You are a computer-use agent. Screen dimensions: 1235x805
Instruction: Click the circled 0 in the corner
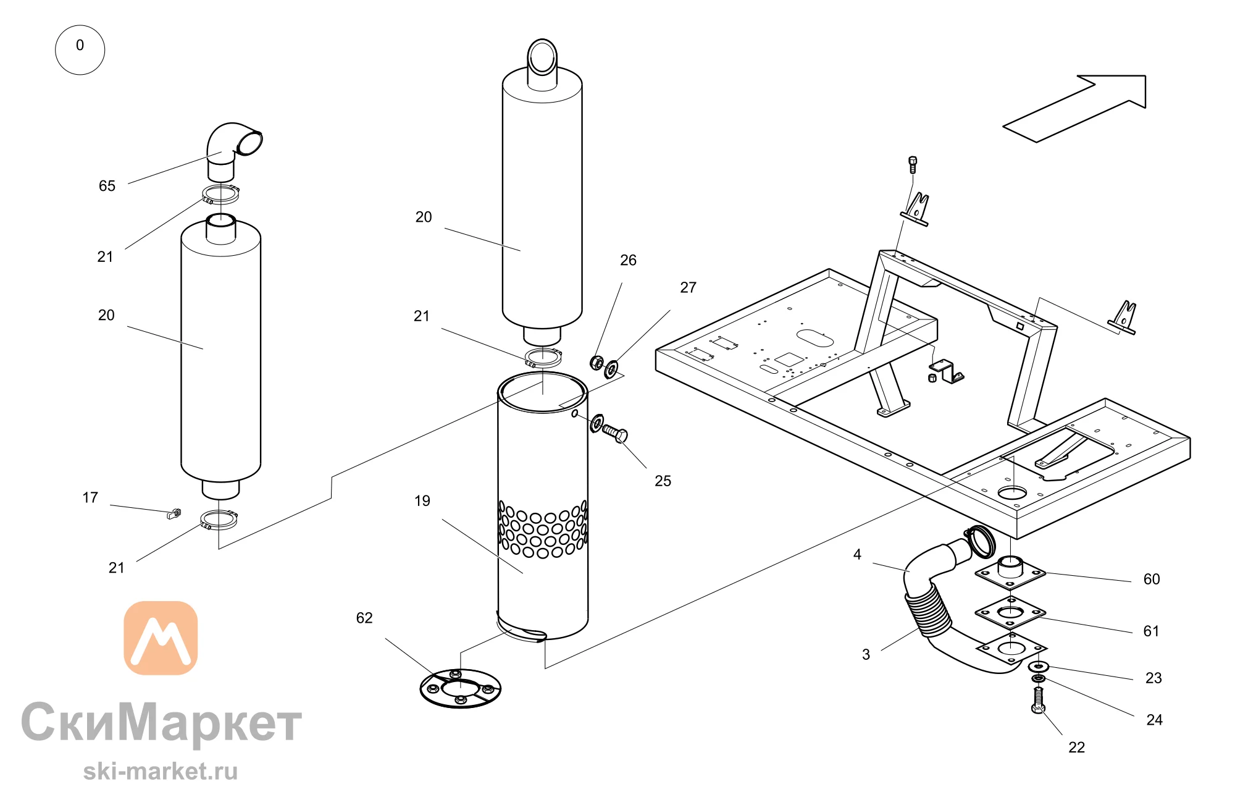80,50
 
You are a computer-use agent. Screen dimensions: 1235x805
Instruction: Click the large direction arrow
1074,109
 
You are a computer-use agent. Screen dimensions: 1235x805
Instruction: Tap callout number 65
107,186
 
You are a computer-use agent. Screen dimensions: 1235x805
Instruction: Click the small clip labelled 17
175,513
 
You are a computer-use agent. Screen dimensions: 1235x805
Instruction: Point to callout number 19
422,501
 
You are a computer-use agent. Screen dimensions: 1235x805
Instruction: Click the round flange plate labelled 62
460,688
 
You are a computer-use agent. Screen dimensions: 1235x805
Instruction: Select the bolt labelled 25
615,433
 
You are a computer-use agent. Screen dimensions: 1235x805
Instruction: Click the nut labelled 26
597,362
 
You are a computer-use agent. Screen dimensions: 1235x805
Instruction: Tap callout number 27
688,288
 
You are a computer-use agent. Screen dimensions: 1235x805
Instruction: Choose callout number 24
1154,720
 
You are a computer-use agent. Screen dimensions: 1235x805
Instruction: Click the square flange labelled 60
1010,573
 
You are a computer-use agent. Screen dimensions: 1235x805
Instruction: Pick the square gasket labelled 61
1010,613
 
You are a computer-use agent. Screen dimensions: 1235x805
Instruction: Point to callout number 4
857,555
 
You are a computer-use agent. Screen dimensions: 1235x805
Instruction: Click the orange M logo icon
161,638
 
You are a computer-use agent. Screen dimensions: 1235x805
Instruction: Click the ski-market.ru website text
161,772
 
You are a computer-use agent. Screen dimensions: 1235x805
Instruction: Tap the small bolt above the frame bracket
913,165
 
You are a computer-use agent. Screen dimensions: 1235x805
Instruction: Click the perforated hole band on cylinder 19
543,529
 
